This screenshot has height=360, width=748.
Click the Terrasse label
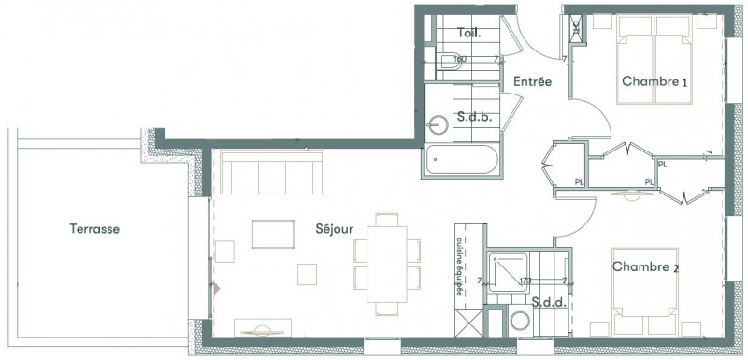click(x=97, y=228)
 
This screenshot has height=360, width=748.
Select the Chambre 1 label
click(x=655, y=82)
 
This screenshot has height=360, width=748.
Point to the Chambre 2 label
click(x=644, y=267)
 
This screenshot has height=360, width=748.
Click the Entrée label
click(x=532, y=81)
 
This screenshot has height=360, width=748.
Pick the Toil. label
click(x=469, y=33)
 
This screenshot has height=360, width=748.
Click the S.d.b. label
click(x=474, y=117)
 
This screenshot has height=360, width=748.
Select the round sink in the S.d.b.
click(x=439, y=123)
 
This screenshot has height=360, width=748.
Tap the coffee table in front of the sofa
click(x=271, y=233)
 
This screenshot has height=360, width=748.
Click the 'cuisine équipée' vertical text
click(x=461, y=266)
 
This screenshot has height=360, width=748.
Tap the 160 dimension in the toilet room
click(x=459, y=59)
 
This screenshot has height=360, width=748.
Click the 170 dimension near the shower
click(x=525, y=280)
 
